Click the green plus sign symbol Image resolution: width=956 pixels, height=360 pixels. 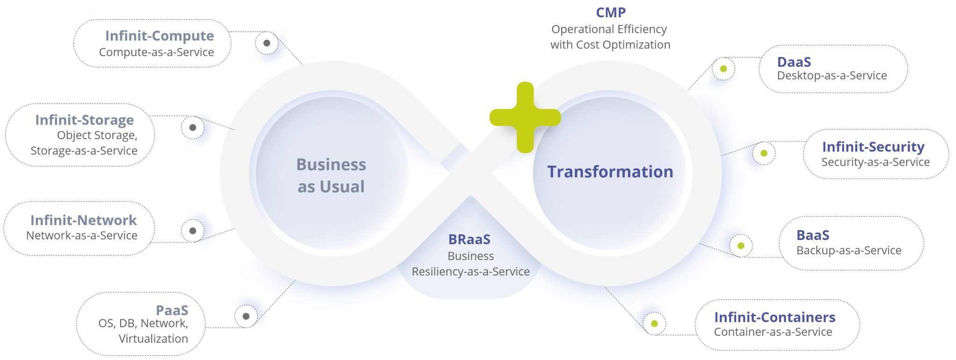click(525, 117)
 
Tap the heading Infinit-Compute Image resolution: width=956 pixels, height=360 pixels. click(159, 36)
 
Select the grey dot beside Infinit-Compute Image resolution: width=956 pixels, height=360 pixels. click(267, 43)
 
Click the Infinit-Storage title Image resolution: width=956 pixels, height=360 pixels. click(84, 120)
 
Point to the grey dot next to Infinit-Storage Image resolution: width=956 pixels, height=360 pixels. click(193, 127)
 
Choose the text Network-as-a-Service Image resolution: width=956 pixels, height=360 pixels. click(82, 235)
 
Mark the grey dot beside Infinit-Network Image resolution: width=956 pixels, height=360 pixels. click(193, 231)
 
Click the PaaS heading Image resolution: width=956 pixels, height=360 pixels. click(172, 310)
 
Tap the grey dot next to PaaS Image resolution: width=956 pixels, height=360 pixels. click(246, 316)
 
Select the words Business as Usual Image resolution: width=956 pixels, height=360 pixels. click(331, 175)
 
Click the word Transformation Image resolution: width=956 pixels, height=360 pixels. click(610, 172)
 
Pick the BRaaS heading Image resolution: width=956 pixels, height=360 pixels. click(469, 240)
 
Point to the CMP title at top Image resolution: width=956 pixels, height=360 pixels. click(611, 13)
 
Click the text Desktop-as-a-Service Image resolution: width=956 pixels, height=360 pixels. click(832, 76)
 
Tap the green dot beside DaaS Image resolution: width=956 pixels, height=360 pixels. click(724, 69)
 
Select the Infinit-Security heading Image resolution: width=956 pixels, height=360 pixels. click(873, 147)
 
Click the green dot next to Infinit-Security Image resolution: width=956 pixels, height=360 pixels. click(764, 153)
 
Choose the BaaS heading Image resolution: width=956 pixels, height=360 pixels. click(813, 235)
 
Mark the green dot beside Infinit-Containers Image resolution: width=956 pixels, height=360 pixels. click(654, 324)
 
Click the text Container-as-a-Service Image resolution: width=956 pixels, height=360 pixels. click(773, 332)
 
